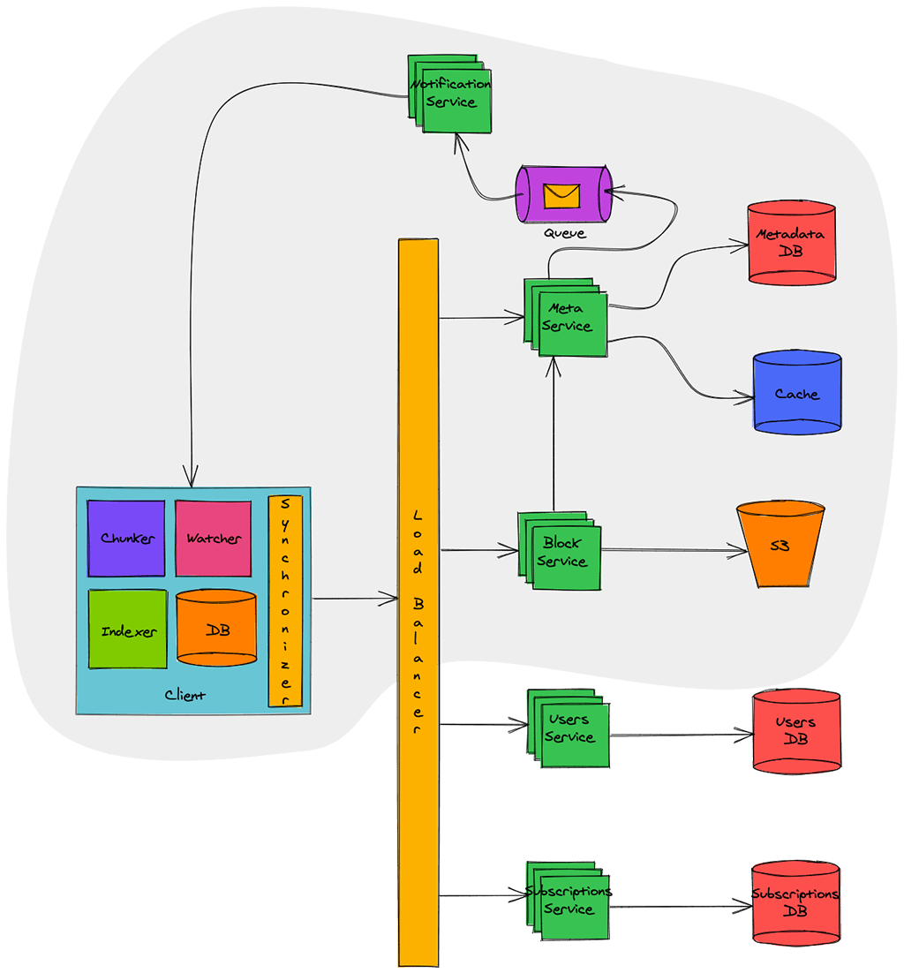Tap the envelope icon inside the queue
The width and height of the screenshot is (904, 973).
[561, 195]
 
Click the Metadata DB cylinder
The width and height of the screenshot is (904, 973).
[791, 244]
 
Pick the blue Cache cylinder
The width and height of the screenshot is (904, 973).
[796, 394]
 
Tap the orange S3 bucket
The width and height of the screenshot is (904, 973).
[780, 546]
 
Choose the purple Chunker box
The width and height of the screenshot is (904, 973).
[126, 538]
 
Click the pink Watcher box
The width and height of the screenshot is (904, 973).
[213, 538]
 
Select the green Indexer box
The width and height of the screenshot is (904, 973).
[127, 630]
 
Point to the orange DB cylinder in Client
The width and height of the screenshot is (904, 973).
[216, 630]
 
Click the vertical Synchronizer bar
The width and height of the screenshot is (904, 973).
[284, 601]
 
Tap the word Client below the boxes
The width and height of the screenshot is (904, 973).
[185, 696]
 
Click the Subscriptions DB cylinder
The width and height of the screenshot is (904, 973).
[795, 902]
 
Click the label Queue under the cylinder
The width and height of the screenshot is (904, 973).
[564, 234]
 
